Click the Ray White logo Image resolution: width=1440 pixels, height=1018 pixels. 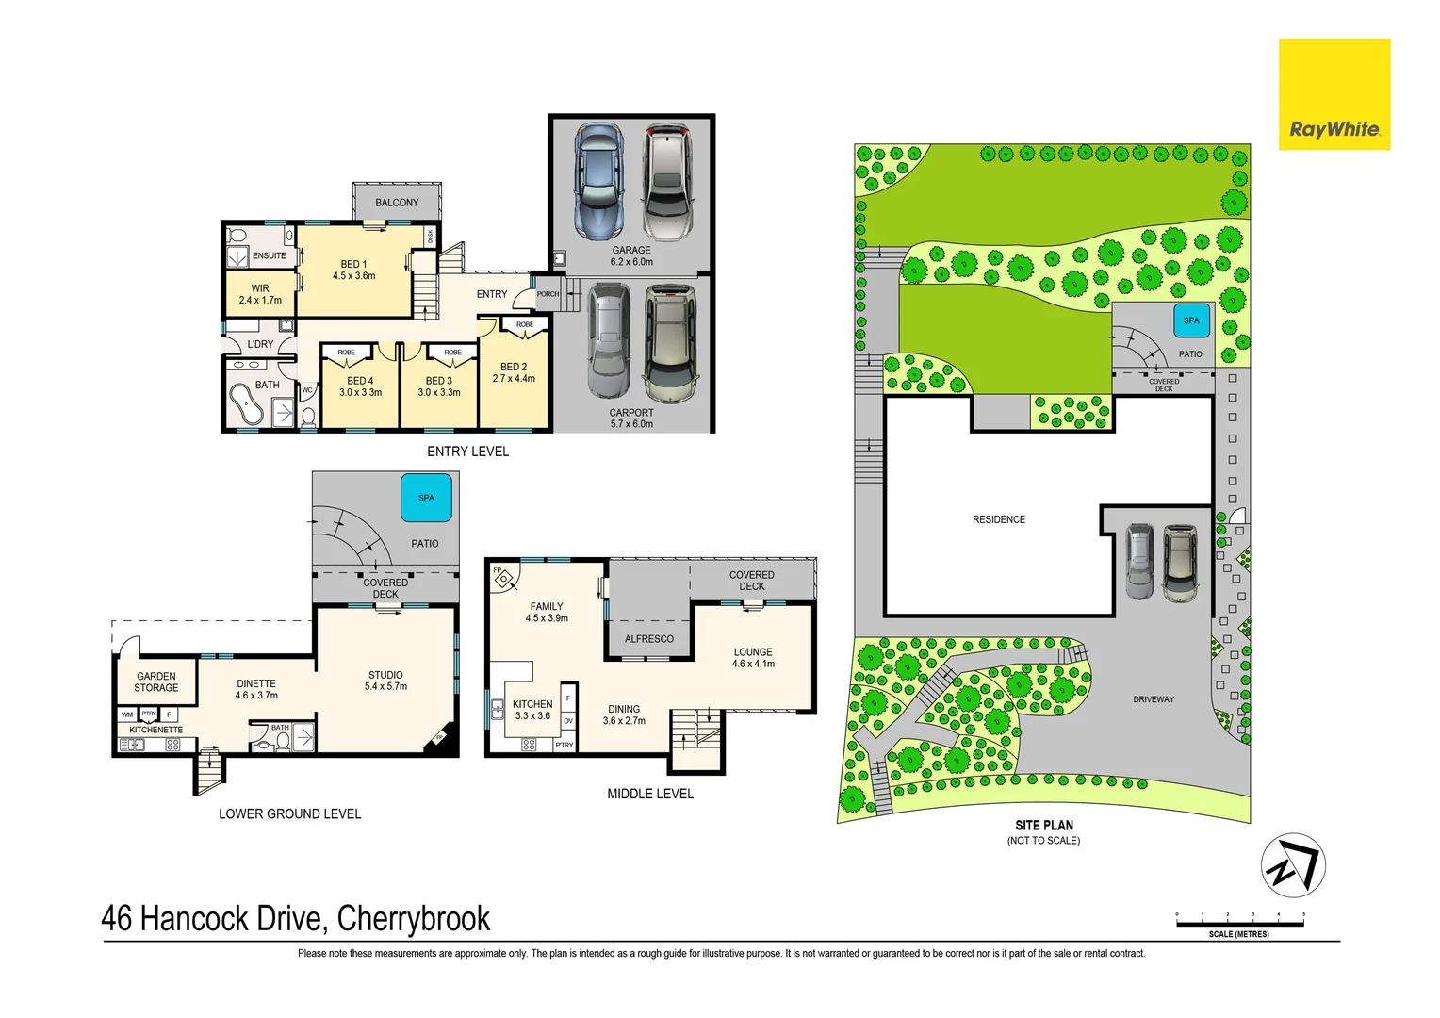[x=1334, y=94]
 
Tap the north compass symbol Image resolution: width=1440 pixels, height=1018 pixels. [x=1293, y=865]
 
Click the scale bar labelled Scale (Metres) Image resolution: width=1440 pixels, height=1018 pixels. [x=1239, y=923]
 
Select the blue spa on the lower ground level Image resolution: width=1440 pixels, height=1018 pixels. [x=426, y=498]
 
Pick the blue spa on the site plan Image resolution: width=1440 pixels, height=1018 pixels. [x=1191, y=320]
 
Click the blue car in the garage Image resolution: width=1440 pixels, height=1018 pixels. [x=598, y=181]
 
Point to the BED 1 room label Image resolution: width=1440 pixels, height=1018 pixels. [x=353, y=271]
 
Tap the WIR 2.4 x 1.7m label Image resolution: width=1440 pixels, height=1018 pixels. [x=260, y=294]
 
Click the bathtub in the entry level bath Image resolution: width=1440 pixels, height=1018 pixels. [x=248, y=406]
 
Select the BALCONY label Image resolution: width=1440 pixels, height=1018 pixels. [x=397, y=203]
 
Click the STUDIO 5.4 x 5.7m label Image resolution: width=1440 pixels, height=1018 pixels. [x=385, y=681]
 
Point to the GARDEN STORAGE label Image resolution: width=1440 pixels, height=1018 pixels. [x=156, y=681]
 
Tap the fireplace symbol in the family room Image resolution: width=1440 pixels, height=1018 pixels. [x=503, y=578]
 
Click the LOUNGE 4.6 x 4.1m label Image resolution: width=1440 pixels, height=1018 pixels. [x=753, y=658]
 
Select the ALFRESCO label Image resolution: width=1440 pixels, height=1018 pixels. [x=649, y=639]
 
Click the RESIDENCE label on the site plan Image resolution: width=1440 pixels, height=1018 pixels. [x=999, y=519]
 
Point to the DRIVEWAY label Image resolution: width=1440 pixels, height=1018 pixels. [x=1154, y=699]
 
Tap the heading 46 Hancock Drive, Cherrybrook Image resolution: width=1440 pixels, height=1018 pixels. [x=296, y=918]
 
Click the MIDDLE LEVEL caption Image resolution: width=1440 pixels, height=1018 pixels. [x=650, y=795]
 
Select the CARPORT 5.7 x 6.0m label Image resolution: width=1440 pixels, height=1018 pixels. [x=631, y=419]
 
